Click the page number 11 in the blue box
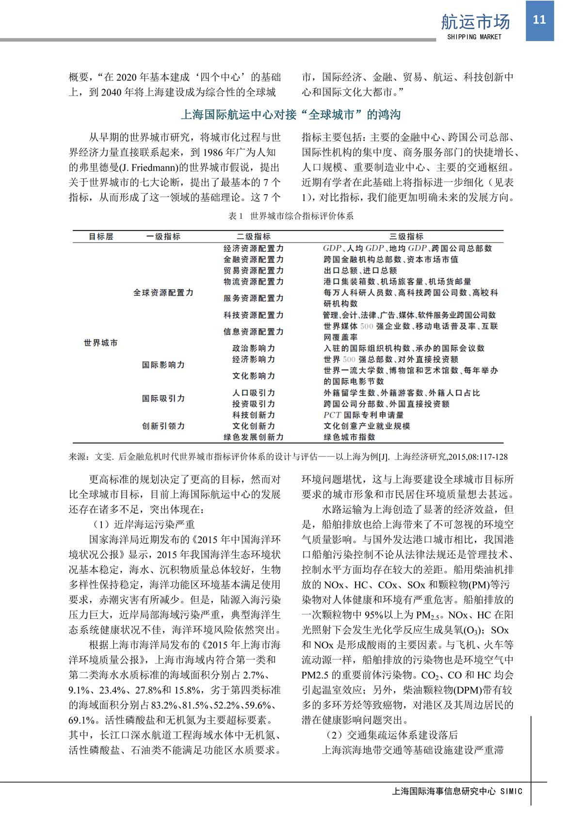coord(539,20)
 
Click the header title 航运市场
coord(475,22)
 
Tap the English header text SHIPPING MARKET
coord(474,37)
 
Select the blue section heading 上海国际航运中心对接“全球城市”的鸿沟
coord(291,115)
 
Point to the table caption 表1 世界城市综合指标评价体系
coord(291,216)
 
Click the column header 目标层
coord(101,237)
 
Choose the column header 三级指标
coord(406,237)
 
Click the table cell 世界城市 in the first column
coord(101,343)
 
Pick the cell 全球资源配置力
coord(163,293)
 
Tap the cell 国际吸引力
coord(163,399)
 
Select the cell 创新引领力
coord(163,426)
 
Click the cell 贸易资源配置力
coord(254,271)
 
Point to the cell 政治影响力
coord(254,348)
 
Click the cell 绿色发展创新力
coord(254,437)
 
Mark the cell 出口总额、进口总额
coord(360,271)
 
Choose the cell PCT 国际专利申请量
coord(363,415)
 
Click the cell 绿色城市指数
coord(349,437)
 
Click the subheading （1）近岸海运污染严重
coord(142,525)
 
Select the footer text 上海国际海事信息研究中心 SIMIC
coord(457,792)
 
